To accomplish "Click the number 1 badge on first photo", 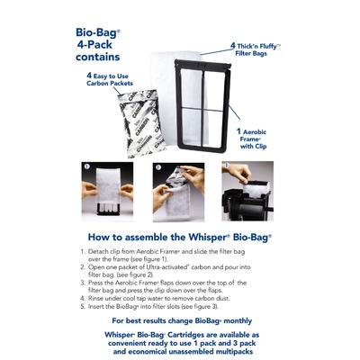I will coord(110,167).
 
